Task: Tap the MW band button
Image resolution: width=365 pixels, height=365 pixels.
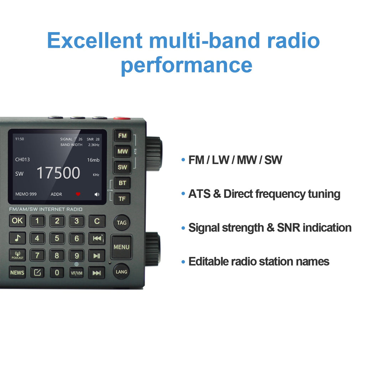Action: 122,151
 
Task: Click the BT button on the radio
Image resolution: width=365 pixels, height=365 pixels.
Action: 122,183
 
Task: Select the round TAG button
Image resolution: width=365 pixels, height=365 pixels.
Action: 122,223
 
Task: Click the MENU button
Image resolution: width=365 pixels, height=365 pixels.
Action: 122,247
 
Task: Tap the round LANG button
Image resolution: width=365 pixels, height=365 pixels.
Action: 122,272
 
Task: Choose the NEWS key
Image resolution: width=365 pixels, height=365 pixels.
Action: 17,273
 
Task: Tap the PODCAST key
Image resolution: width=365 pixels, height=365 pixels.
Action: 17,255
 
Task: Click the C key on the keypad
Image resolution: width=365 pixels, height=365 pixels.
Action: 97,221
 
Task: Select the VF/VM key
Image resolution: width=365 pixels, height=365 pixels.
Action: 76,273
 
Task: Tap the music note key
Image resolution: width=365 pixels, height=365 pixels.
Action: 17,238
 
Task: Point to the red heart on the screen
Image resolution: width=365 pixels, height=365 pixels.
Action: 78,194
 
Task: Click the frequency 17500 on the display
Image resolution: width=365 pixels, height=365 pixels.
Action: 58,173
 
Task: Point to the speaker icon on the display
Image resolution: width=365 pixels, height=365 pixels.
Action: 97,194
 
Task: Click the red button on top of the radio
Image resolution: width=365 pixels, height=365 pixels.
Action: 122,118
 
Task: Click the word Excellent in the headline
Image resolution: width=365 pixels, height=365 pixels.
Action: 95,41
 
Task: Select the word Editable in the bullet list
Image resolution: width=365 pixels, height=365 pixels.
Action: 208,262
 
